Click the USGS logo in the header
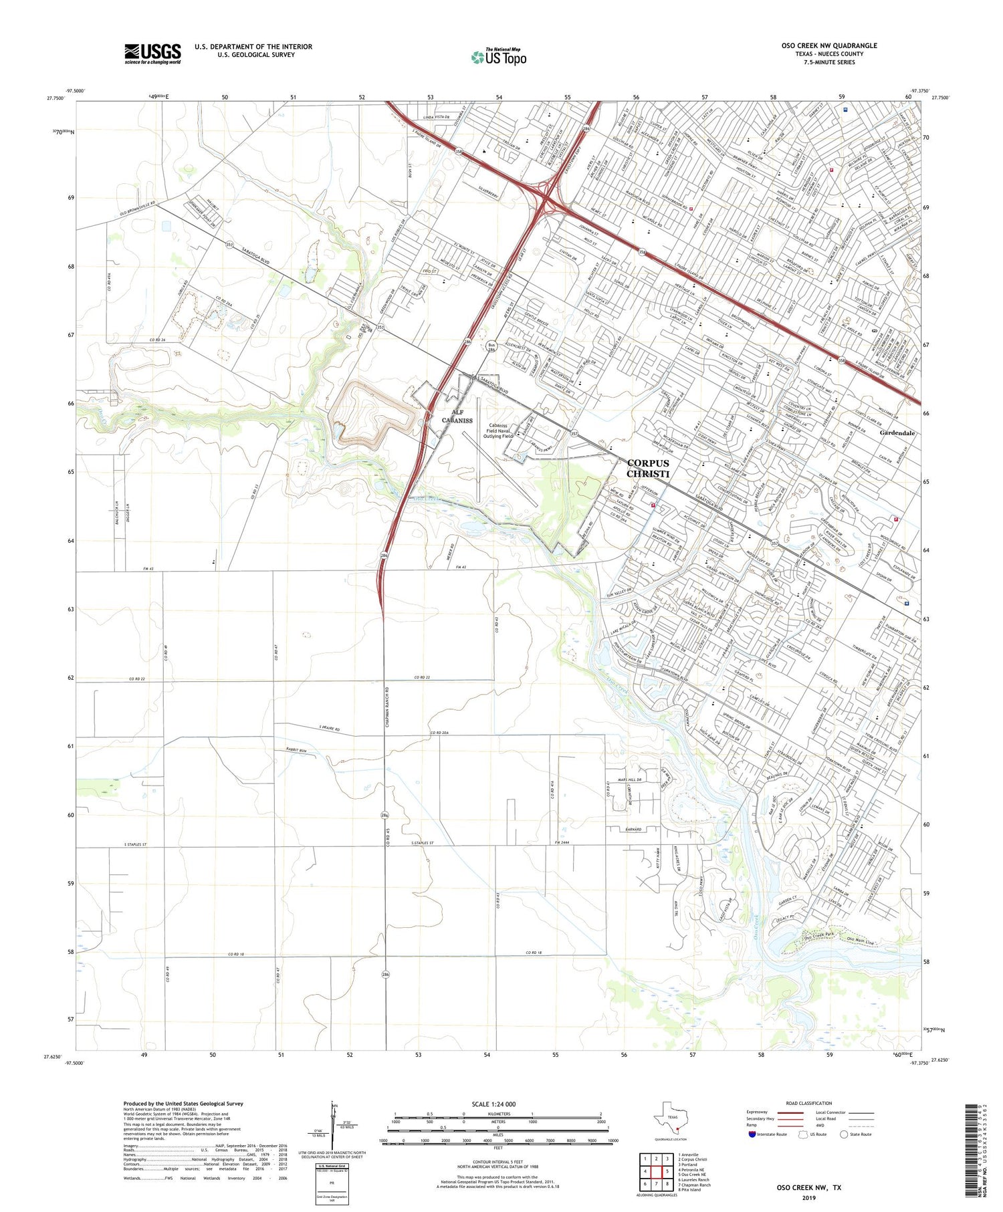(152, 53)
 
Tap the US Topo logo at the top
(499, 57)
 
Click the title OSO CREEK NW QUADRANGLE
(829, 45)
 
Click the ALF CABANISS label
(457, 416)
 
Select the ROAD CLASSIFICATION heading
(809, 1103)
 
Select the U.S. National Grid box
(332, 1183)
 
